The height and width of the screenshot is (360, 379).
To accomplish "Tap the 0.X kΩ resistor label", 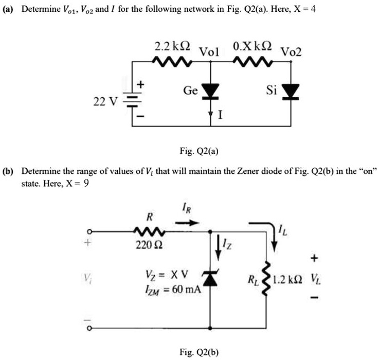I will click(x=251, y=45).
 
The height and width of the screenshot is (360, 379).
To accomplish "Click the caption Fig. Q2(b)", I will click(x=200, y=352).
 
